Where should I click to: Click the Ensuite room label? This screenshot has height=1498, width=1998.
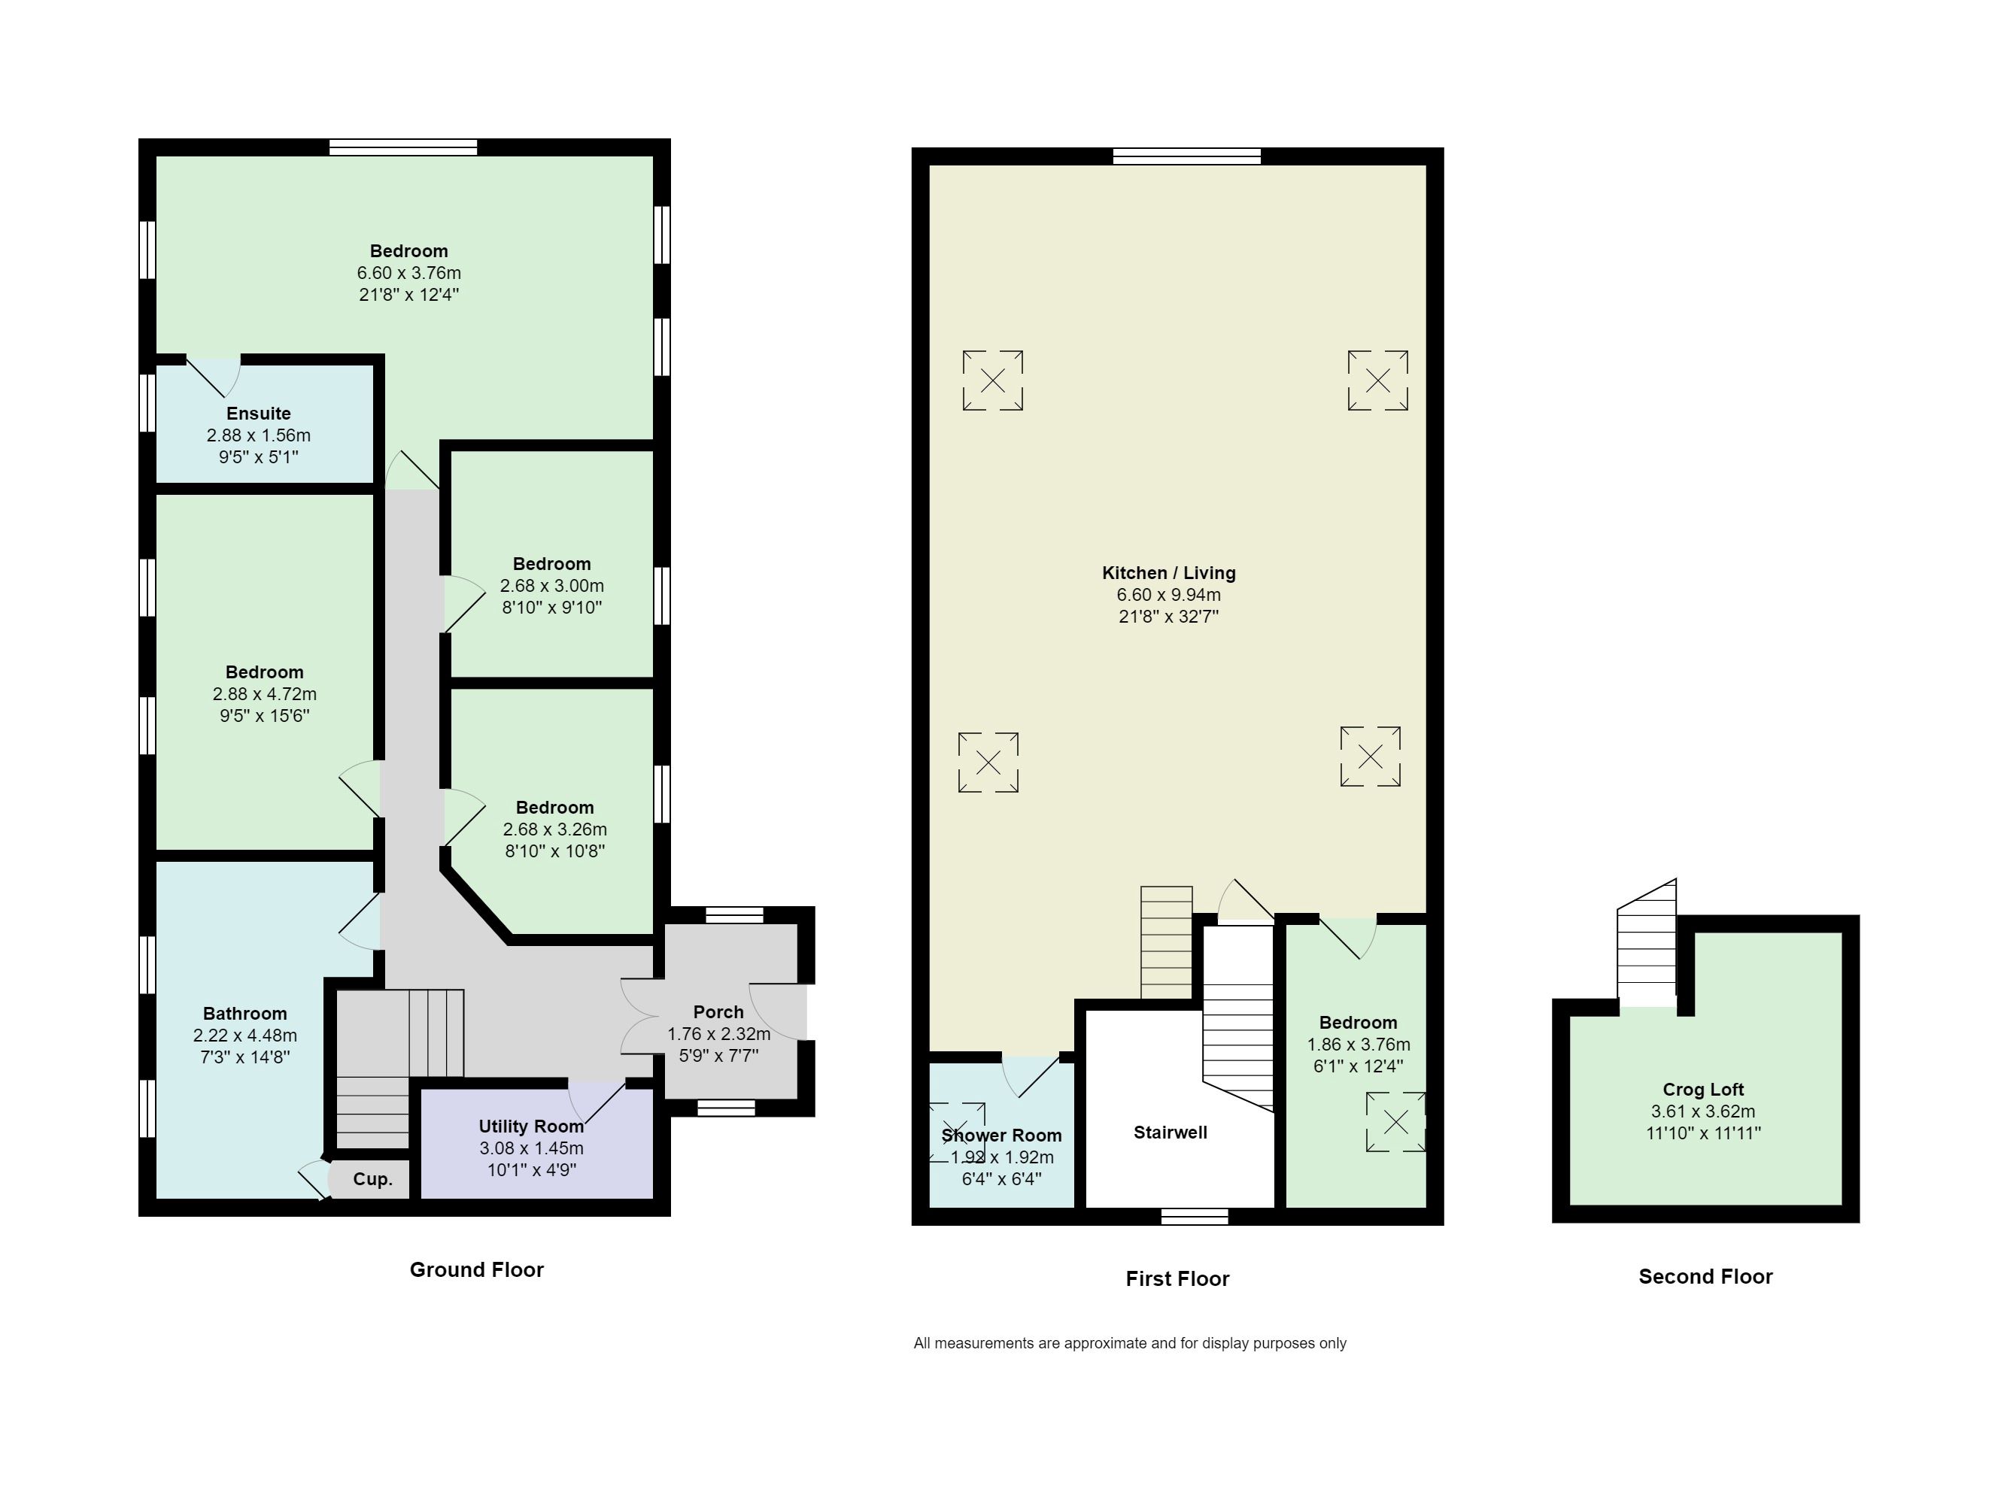258,414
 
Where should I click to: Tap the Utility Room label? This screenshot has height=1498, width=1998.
531,1126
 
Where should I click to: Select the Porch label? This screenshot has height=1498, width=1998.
718,1012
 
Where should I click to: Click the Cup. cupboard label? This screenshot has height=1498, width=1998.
372,1179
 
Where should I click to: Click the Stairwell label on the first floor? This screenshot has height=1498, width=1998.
1171,1133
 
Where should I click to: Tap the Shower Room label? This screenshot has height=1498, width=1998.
1002,1136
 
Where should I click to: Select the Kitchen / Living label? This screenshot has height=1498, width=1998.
1169,572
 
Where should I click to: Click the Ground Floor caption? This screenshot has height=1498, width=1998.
477,1269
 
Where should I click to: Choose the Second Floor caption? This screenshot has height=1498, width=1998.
1705,1277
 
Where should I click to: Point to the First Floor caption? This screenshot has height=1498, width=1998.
1177,1278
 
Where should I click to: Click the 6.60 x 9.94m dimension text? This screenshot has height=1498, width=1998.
1169,595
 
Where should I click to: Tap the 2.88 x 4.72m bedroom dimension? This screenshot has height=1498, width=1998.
265,694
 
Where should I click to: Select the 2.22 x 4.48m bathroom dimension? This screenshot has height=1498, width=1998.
244,1036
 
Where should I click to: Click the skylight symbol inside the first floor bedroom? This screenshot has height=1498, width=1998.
1395,1122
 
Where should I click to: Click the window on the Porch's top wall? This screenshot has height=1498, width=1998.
734,914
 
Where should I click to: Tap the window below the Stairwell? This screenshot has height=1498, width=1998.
1194,1216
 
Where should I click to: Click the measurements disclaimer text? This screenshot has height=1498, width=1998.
1130,1344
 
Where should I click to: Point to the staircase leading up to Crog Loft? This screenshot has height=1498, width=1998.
1647,943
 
